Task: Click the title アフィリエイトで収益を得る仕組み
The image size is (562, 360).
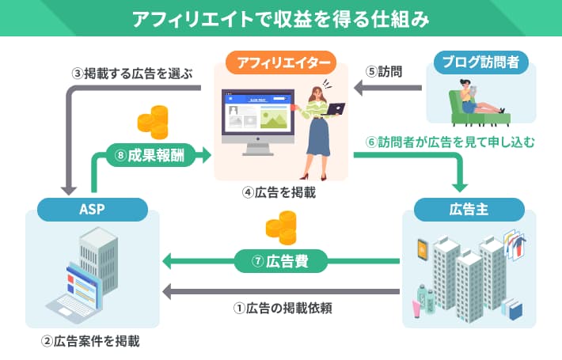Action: pyautogui.click(x=280, y=18)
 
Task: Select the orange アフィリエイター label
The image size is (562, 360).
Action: pyautogui.click(x=280, y=62)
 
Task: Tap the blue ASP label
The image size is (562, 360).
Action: pyautogui.click(x=93, y=210)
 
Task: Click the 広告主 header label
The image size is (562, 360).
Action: pyautogui.click(x=468, y=210)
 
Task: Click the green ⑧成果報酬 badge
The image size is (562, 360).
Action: pyautogui.click(x=148, y=154)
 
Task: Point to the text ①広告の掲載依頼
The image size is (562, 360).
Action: pyautogui.click(x=281, y=309)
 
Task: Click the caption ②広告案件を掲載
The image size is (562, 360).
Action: pyautogui.click(x=90, y=342)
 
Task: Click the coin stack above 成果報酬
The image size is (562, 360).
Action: pyautogui.click(x=153, y=123)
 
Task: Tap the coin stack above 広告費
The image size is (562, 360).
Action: pyautogui.click(x=280, y=230)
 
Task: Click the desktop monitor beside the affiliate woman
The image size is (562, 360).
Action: pyautogui.click(x=255, y=119)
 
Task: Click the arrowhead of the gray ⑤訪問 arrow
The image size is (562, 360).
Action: pyautogui.click(x=357, y=91)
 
